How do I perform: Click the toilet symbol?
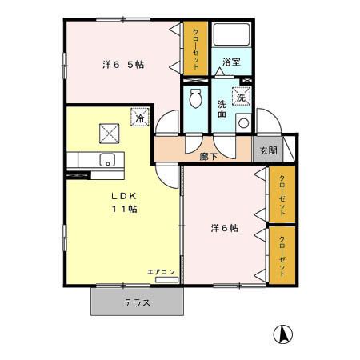[195, 98]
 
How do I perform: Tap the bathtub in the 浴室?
[231, 34]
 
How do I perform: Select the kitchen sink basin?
[107, 159]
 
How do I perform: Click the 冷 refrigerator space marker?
[140, 117]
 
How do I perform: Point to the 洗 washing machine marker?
[242, 96]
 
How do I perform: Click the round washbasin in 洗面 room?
[243, 123]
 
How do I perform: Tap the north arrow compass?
[283, 334]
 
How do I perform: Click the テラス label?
[137, 303]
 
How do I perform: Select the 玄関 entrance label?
[268, 150]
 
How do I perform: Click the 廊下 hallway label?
[209, 157]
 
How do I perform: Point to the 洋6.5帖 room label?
[123, 64]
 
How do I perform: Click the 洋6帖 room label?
[225, 228]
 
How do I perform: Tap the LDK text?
[124, 196]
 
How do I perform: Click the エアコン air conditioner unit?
[166, 279]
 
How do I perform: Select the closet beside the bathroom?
[195, 48]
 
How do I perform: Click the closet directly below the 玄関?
[282, 194]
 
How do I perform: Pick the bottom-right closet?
[282, 255]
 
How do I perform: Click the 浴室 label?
[231, 62]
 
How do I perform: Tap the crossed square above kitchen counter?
[109, 134]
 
